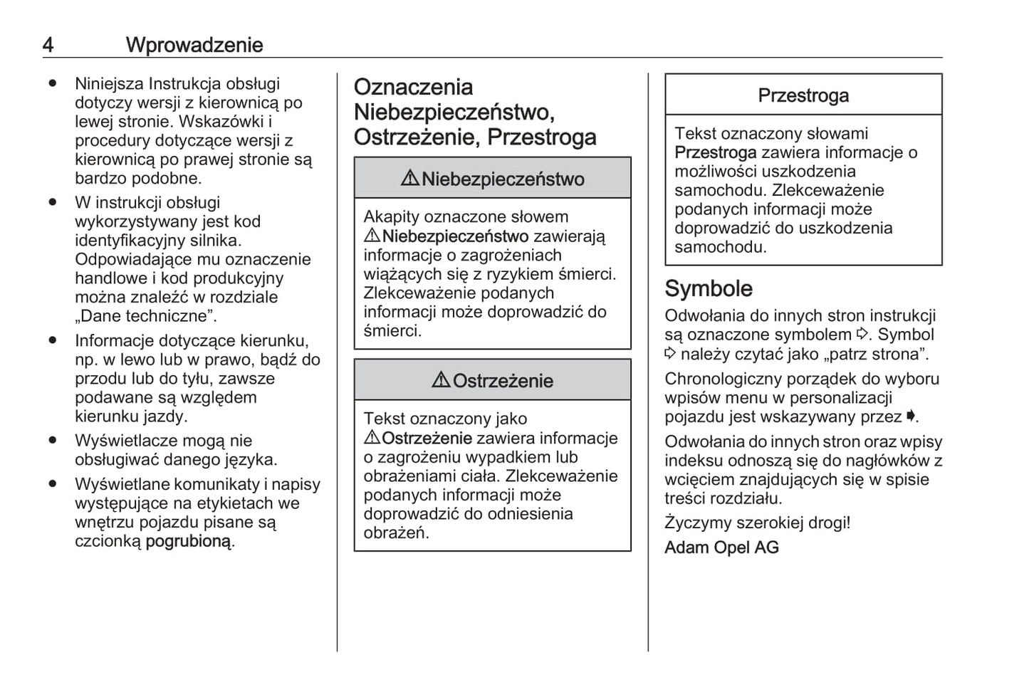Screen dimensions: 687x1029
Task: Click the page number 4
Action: coord(48,45)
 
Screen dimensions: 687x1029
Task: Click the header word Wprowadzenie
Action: coord(194,45)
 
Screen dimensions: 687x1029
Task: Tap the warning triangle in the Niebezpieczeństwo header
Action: coord(409,179)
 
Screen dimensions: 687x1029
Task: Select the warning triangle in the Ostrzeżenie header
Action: coord(441,381)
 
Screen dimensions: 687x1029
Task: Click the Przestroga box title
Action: coord(803,95)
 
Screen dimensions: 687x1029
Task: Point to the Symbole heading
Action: coord(708,288)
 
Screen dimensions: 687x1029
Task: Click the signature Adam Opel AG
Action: coord(721,547)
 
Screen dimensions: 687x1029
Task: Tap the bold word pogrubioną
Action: coord(189,541)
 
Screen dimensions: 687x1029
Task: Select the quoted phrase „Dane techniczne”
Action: coord(145,316)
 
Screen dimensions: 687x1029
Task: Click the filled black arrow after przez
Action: coord(910,416)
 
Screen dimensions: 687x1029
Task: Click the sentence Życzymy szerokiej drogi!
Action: coord(757,523)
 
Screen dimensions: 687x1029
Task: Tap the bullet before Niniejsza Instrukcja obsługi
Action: coord(53,83)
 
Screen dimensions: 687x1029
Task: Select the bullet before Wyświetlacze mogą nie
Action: coord(53,441)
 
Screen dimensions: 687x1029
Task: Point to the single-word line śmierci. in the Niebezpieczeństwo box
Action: coord(392,331)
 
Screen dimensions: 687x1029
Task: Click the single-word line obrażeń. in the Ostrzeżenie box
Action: coord(396,533)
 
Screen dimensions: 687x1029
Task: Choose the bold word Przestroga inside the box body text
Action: coord(715,152)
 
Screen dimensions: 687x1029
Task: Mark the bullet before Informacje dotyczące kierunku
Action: coord(53,340)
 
